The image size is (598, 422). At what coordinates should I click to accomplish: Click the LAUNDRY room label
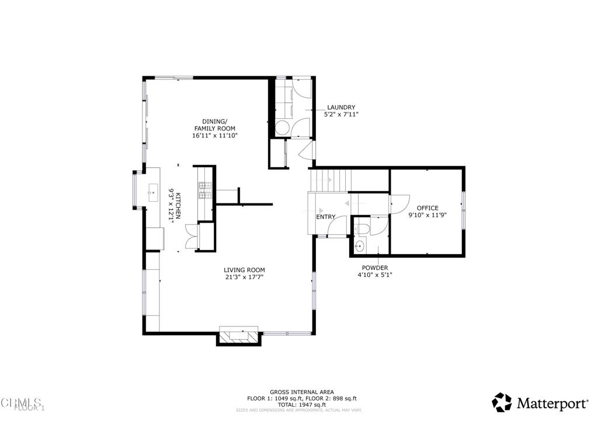coord(341,107)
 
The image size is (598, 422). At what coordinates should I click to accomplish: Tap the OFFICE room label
coord(427,208)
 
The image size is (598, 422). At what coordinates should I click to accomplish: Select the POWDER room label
coord(374,268)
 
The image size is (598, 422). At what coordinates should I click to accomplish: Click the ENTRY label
coord(326,217)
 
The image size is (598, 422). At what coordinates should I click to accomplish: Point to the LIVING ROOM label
coord(244,270)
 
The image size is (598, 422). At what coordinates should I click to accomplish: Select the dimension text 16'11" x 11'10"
coord(215,135)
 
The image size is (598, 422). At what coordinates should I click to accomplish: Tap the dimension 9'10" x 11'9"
coord(427,215)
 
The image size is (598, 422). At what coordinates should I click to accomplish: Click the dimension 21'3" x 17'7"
coord(244,277)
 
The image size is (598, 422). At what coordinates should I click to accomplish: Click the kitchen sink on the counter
coord(154,190)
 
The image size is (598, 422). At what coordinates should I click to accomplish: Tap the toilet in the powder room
coord(363,228)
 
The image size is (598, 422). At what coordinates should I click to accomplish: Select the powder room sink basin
coord(359,246)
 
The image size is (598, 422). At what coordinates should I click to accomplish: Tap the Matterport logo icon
coord(502,402)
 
